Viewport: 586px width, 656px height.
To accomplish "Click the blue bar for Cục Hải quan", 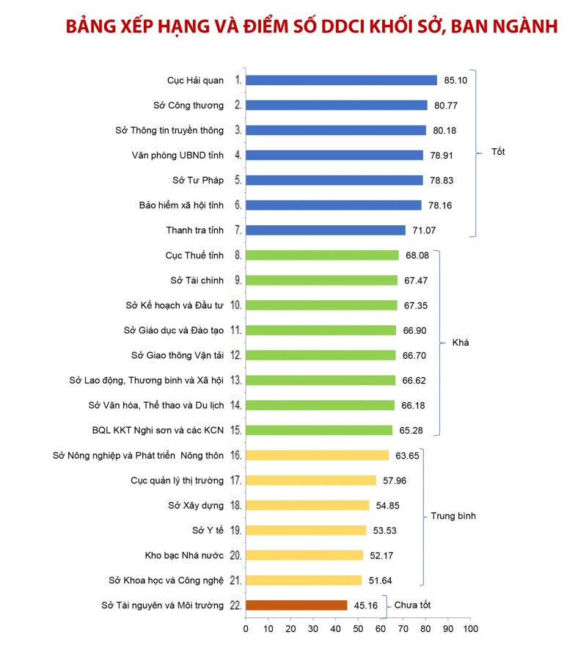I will click(341, 80).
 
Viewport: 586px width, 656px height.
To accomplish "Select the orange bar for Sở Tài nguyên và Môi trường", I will click(296, 605).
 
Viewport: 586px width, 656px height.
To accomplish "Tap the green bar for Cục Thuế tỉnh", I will click(322, 255).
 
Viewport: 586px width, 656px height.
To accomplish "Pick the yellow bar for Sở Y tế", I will click(306, 530).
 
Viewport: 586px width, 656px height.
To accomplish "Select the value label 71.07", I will click(424, 230).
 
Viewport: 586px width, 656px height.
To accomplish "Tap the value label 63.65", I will click(407, 455).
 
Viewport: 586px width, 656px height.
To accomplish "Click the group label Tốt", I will click(499, 153).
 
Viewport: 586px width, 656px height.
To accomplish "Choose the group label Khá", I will click(460, 343).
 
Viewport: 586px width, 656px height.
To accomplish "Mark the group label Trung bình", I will click(453, 516).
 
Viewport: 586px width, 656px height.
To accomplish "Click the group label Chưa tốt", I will click(413, 605).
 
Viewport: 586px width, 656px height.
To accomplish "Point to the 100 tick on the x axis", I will click(470, 630).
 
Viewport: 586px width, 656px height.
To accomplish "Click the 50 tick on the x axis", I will click(358, 630).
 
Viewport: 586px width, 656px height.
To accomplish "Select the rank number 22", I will click(235, 605).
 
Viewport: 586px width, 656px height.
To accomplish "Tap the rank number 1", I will click(238, 80).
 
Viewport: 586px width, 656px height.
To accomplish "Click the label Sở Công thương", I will click(188, 105).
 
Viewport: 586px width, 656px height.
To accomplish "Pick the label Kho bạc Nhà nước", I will click(185, 555).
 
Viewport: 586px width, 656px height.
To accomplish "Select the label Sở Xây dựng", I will click(196, 505).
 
